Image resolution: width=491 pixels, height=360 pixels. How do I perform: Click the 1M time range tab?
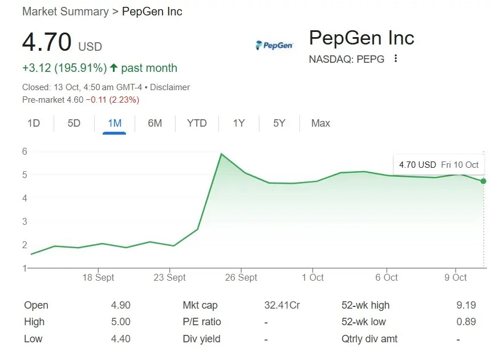pos(114,123)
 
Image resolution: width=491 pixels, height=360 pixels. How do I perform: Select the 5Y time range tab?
pos(279,123)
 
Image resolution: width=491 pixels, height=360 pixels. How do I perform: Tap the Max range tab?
pos(320,123)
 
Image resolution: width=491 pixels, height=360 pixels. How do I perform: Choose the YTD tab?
pos(197,123)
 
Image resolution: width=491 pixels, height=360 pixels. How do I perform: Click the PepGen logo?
pos(274,45)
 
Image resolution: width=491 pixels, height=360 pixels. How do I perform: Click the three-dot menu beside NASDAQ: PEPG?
pos(396,59)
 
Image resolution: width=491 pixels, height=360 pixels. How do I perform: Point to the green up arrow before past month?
pos(113,68)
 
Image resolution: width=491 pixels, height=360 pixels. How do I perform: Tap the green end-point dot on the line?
pos(483,181)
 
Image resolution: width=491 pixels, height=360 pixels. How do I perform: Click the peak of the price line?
pos(221,154)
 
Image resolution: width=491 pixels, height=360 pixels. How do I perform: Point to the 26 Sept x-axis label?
pos(241,277)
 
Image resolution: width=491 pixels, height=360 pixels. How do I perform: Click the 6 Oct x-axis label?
pos(386,277)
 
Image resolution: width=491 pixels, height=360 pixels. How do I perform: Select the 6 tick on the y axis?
pos(25,152)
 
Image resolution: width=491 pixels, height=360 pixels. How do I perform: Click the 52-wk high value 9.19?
pos(466,305)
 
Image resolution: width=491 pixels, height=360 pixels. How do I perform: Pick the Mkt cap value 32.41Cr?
pos(282,305)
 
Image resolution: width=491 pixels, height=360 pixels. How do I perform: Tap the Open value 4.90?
pos(120,305)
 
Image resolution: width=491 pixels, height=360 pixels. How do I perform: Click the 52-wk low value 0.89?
pos(466,322)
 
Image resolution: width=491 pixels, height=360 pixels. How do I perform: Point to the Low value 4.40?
pos(120,339)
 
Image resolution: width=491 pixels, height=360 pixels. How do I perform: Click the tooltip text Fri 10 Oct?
pos(460,164)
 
